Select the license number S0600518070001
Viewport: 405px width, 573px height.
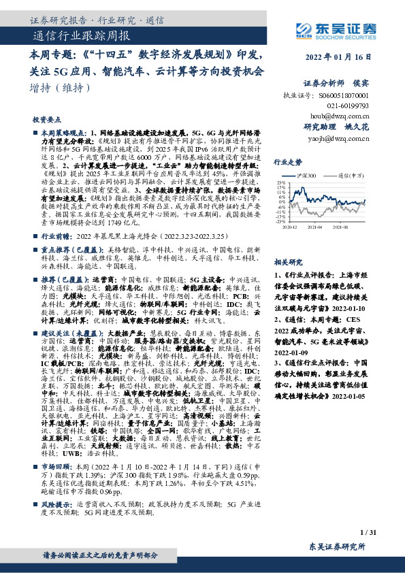[x=344, y=97]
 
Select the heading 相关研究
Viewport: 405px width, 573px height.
[x=287, y=242]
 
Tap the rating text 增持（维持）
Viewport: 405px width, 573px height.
[x=61, y=88]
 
